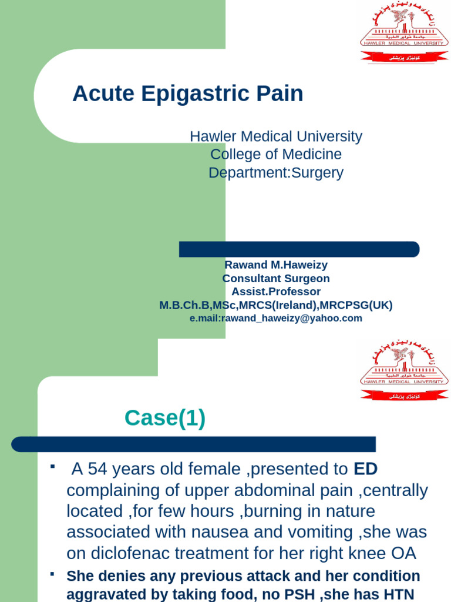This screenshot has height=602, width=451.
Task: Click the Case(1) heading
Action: pos(165,419)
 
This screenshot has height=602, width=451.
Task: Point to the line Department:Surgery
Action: pos(276,173)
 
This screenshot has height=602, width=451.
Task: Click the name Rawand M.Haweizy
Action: pos(276,265)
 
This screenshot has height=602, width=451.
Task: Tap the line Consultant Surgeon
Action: pos(276,279)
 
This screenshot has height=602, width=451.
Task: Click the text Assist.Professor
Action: pos(276,292)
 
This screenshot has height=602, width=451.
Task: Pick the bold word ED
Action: pos(366,469)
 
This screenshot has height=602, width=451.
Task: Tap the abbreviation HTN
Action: pos(398,594)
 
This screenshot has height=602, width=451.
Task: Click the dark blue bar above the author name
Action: pos(299,249)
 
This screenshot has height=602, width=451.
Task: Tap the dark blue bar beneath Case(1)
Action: pos(193,444)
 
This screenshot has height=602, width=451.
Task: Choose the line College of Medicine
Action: pos(276,155)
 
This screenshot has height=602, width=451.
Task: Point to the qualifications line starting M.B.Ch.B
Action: pos(276,305)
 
